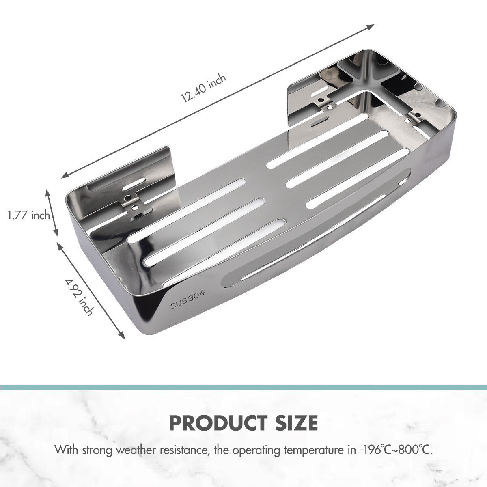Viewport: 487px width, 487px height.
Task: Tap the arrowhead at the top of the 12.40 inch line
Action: (370, 26)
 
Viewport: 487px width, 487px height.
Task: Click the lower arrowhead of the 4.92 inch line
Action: (121, 335)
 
